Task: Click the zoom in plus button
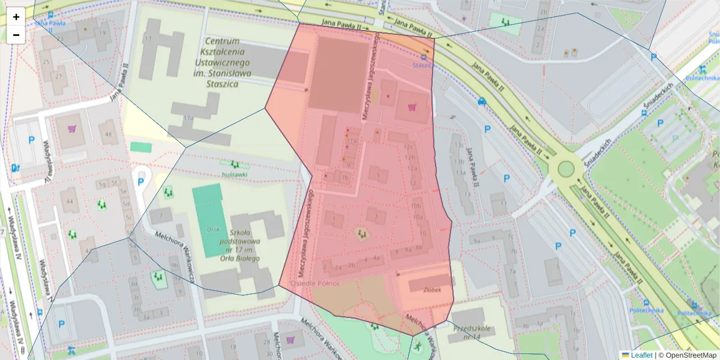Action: click(x=16, y=17)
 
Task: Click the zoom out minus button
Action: click(x=16, y=35)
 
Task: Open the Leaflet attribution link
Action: click(x=641, y=355)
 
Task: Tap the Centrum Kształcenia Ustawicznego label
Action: click(x=222, y=62)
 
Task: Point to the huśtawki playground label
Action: click(x=235, y=175)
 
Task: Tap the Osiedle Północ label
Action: click(x=316, y=283)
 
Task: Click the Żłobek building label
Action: click(x=433, y=289)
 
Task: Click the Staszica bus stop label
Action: click(x=424, y=65)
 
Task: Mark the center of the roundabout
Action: click(x=566, y=167)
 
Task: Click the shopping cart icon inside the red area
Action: click(x=412, y=107)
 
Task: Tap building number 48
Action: click(x=109, y=133)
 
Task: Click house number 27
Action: click(x=59, y=76)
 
